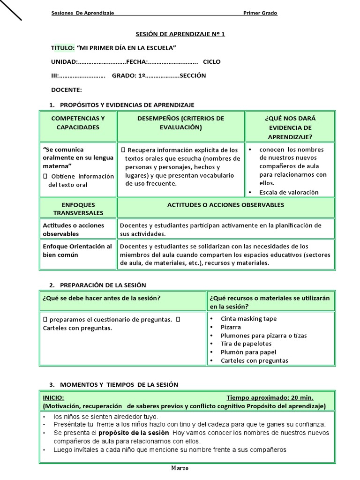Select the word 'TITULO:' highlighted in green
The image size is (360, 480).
[x=62, y=48]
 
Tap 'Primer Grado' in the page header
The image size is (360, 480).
[x=260, y=13]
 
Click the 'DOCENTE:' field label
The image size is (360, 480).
[x=66, y=90]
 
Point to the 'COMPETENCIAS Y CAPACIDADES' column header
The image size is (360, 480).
[x=78, y=123]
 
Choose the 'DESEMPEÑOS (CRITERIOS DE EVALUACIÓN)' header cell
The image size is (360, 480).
[x=180, y=123]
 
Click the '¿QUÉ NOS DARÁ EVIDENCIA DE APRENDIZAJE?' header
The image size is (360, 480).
[x=290, y=127]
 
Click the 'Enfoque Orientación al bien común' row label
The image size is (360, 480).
[x=77, y=251]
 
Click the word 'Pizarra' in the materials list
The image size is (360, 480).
[x=231, y=327]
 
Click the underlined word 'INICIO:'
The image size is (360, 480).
[x=53, y=397]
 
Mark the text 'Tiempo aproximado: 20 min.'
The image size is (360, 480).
[x=270, y=397]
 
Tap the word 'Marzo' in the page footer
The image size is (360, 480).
[x=180, y=468]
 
